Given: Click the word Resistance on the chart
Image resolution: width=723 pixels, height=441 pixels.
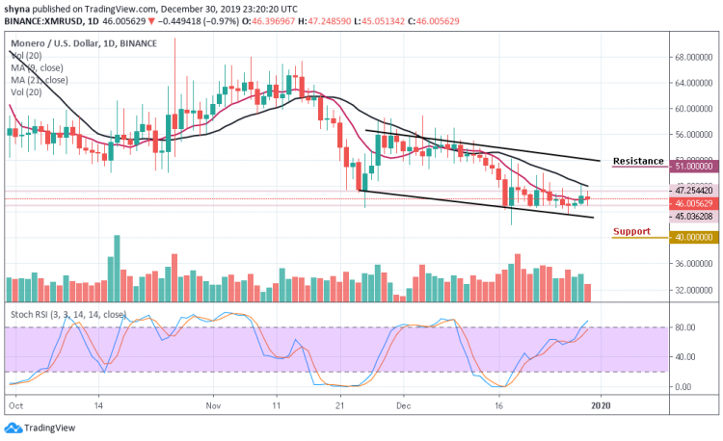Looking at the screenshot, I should pyautogui.click(x=638, y=161).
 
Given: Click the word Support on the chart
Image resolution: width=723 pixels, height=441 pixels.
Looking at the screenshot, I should pyautogui.click(x=630, y=231).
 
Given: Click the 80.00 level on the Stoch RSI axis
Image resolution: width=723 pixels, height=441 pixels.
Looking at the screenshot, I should pyautogui.click(x=685, y=327).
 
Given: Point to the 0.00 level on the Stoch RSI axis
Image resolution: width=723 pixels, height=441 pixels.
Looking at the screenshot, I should pyautogui.click(x=683, y=387).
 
